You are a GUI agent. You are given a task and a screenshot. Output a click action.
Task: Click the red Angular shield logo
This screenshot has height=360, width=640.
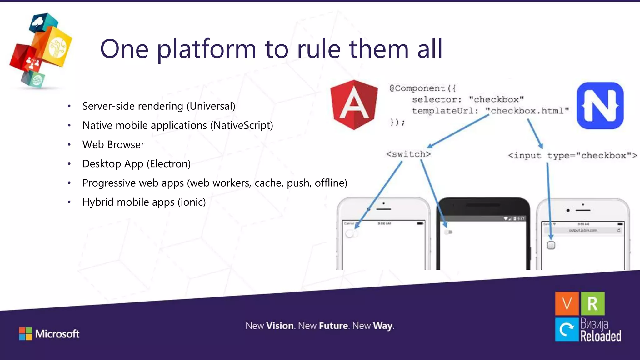[x=354, y=105]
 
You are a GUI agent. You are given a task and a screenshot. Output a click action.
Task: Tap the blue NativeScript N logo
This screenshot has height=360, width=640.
[x=600, y=106]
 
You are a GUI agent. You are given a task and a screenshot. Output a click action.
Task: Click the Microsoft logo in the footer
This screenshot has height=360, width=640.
[x=49, y=334]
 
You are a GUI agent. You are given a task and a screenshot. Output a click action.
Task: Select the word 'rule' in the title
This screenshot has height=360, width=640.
[x=318, y=49]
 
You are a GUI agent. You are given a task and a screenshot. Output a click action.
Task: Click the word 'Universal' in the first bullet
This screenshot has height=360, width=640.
[x=211, y=106]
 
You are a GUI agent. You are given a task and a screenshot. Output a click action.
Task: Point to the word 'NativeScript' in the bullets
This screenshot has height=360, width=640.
[x=242, y=125]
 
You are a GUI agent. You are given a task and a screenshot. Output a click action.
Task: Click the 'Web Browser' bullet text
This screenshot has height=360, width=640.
[x=113, y=145]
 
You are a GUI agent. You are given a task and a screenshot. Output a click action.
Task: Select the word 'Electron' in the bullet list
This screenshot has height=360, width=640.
[x=169, y=164]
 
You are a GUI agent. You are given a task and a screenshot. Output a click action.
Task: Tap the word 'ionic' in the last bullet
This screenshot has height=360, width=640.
[x=192, y=202]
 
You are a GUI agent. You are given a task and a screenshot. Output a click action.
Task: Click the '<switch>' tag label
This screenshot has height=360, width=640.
[x=408, y=154]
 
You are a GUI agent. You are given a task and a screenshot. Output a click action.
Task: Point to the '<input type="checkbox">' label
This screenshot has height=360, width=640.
[x=572, y=155]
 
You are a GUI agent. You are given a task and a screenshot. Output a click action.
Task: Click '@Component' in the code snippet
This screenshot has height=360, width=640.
[x=417, y=88]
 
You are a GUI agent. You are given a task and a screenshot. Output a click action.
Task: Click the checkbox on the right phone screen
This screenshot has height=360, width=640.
[x=551, y=245]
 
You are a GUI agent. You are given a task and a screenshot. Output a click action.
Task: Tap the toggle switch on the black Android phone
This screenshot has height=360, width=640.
[x=448, y=232]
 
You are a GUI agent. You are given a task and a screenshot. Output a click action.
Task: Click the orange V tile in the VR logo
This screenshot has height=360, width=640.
[x=567, y=303]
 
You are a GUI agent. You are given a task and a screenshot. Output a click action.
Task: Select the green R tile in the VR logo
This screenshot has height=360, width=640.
[x=592, y=303]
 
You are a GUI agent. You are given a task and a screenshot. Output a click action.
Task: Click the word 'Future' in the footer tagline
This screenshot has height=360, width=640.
[x=333, y=326]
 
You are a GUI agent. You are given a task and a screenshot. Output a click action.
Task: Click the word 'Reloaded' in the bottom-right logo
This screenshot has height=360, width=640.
[x=600, y=336]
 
